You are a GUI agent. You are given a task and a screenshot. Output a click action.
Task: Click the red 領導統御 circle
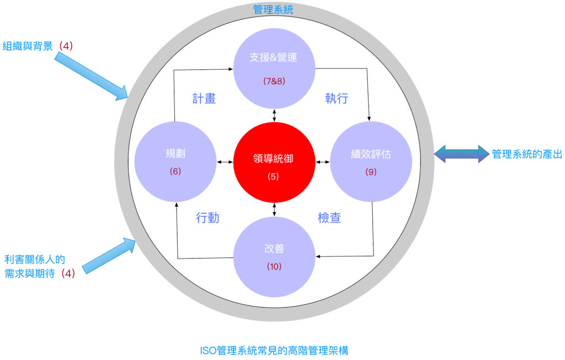pos(274,163)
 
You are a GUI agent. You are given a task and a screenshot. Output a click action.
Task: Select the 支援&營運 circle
pos(274,68)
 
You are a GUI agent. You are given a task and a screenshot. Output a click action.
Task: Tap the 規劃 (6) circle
pos(175,162)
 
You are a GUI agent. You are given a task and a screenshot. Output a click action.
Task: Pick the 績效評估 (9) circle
pos(371,162)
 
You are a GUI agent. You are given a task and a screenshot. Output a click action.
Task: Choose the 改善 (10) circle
pos(274,257)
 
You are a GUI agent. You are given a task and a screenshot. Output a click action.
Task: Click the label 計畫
pos(204,98)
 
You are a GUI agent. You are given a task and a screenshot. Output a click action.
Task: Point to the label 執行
pos(337,98)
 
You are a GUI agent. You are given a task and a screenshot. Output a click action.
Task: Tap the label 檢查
pos(329,217)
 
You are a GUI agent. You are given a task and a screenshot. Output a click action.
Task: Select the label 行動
pos(207,217)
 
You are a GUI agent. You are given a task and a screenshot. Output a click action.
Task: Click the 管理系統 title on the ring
pos(273,9)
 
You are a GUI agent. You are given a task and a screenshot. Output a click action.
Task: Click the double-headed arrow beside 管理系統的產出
pos(462,154)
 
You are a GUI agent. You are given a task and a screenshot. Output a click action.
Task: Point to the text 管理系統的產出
pos(527,154)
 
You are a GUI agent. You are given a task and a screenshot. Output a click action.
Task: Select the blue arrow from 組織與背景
pos(92,76)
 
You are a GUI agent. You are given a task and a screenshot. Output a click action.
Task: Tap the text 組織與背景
pos(28,46)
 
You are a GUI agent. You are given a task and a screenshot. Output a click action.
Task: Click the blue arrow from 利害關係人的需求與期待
pos(109,256)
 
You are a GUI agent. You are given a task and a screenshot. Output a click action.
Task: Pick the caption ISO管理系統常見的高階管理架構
pos(274,350)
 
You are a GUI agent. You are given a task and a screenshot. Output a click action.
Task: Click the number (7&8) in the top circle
pos(274,81)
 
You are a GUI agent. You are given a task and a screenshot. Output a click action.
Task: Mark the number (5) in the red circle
pos(273,176)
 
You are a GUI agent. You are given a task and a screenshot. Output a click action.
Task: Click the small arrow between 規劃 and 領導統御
pos(225,162)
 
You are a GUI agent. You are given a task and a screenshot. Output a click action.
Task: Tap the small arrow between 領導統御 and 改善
pos(274,210)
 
